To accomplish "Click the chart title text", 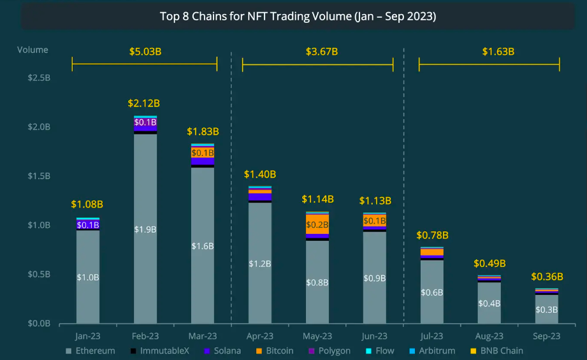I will click(298, 17).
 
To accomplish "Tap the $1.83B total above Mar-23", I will click(203, 132).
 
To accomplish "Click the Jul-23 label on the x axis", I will click(432, 335).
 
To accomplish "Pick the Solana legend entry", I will click(223, 350).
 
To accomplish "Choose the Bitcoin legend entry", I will click(275, 350).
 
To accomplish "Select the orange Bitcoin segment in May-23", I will click(317, 224).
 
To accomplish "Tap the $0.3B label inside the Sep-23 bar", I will click(547, 310).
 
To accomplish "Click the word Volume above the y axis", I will click(32, 50).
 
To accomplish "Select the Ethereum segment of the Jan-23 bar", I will click(88, 277).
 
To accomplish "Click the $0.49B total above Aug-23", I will click(489, 263).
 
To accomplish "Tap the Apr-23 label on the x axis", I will click(260, 335).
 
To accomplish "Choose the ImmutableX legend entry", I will click(159, 350).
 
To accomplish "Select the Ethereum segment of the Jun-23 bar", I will click(375, 278).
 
